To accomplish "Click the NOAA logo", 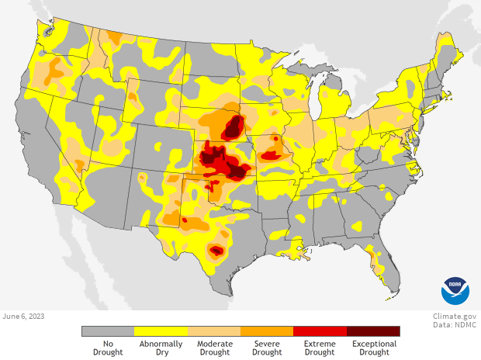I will (x=455, y=291).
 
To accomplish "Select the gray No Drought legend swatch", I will (x=108, y=331).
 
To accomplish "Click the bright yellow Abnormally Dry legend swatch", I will (x=161, y=331).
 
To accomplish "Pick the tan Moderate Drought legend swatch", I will (x=214, y=331).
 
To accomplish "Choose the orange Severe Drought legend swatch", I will (x=267, y=331).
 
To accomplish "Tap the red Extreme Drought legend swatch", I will (x=320, y=331).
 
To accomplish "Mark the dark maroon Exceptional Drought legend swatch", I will (x=373, y=331).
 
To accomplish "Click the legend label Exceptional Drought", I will (x=374, y=348).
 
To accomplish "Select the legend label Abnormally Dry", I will (x=161, y=348).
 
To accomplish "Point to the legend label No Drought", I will (x=108, y=348).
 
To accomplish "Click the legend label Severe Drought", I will (x=267, y=348).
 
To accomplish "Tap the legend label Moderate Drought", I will (x=214, y=348).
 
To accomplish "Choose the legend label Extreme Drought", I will (x=320, y=348).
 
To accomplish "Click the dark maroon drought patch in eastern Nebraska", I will (x=234, y=126).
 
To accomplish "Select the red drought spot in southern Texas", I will (x=216, y=251).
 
